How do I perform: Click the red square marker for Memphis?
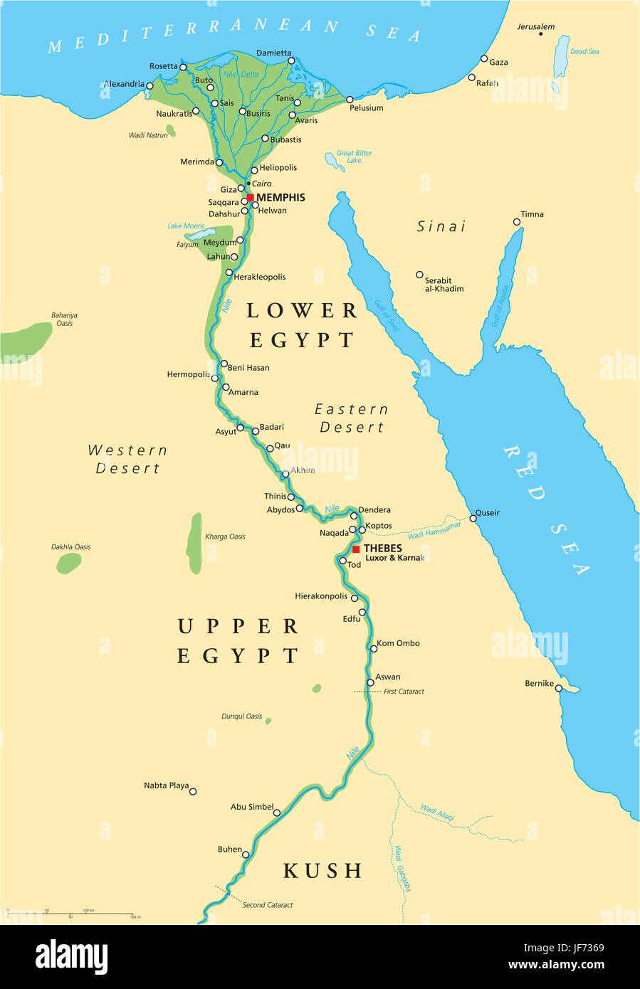(250, 198)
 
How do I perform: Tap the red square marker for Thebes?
(356, 549)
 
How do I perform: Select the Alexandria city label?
(124, 84)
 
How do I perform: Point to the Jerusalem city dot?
(541, 34)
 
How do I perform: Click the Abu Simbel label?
(252, 807)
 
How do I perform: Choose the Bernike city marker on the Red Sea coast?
(559, 688)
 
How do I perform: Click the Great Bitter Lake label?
(354, 157)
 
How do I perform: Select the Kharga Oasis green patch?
(195, 543)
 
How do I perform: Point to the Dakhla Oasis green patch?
(69, 563)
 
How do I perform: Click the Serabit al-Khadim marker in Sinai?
(419, 275)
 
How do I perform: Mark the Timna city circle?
(517, 222)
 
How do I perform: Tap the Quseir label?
(488, 513)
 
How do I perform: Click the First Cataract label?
(404, 692)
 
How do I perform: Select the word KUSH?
(323, 870)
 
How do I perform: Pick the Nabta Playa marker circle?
(192, 791)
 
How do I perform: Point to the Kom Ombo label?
(398, 643)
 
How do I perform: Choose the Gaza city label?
(498, 63)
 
